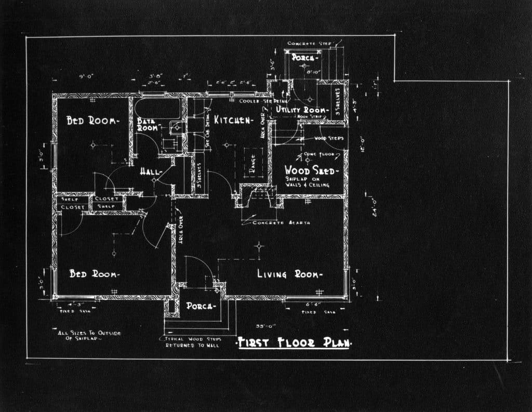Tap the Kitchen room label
(233, 121)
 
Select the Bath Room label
(147, 124)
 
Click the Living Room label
(290, 274)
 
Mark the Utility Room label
(302, 110)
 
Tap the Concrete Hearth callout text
(281, 222)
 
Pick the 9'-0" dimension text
(86, 76)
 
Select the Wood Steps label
(329, 139)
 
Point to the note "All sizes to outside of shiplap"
(89, 336)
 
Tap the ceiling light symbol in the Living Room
(259, 246)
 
